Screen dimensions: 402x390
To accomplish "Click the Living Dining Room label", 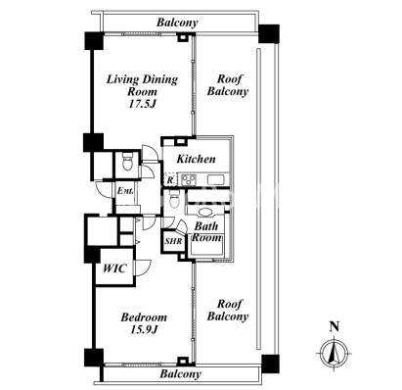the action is (x=142, y=85).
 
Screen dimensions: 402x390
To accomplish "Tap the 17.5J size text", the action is (x=142, y=104).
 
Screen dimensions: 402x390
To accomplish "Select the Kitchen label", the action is (x=196, y=159).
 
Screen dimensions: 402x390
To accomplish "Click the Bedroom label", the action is (x=144, y=317).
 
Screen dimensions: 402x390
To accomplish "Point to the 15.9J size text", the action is (x=144, y=330).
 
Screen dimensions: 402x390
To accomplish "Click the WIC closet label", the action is (x=114, y=268).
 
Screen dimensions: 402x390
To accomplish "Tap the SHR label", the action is (x=173, y=241).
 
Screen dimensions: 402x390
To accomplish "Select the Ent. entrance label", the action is (x=125, y=191).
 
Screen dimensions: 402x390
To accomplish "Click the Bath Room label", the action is (x=206, y=231).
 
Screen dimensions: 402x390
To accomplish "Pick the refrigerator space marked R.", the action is (x=170, y=179).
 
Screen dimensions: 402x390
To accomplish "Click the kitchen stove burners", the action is (x=189, y=180).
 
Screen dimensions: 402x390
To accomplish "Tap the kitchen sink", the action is (x=215, y=180).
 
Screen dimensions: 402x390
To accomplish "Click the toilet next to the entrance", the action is (x=127, y=162).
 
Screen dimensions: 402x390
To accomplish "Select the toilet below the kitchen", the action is (x=174, y=199).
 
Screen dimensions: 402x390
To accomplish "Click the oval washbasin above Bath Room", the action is (x=205, y=213).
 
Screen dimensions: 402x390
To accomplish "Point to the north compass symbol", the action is (x=334, y=354).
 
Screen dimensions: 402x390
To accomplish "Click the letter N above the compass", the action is (x=335, y=326).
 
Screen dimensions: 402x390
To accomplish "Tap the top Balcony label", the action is (x=177, y=23).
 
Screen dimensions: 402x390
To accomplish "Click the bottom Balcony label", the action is (x=180, y=373).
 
